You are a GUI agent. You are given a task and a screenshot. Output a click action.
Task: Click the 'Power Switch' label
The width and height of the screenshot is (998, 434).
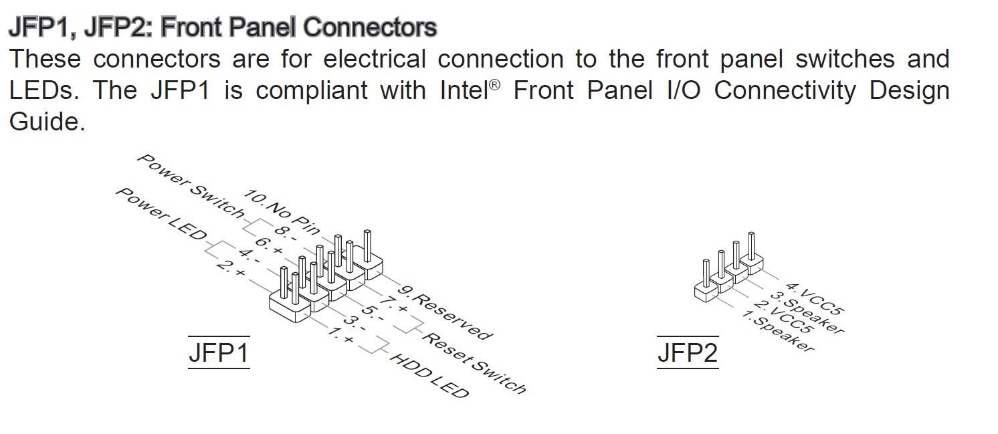point(191,187)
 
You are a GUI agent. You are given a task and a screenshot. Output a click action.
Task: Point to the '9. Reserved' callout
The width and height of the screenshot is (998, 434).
point(445,312)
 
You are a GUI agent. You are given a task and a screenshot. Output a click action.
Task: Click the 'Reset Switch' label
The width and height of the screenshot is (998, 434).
point(474,362)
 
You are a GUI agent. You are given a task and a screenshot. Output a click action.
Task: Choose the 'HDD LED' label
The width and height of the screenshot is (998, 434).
point(429,376)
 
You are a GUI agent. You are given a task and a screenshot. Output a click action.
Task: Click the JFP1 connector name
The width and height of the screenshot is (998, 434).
point(219,352)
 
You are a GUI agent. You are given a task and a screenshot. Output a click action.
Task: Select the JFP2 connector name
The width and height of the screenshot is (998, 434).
point(688,352)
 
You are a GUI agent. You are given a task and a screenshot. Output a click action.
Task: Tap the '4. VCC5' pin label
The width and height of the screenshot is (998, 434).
point(815,299)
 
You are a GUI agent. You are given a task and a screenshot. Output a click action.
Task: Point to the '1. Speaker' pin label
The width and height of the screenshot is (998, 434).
point(778,331)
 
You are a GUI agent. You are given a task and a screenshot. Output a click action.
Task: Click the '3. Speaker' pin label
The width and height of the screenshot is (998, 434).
point(807,312)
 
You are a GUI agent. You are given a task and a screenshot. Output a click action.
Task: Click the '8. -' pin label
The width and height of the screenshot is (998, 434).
point(286,233)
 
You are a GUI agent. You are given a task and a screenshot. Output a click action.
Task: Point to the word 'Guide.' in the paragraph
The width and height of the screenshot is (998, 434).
point(47,122)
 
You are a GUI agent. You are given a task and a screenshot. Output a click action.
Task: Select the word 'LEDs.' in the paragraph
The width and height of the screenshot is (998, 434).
point(44,90)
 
